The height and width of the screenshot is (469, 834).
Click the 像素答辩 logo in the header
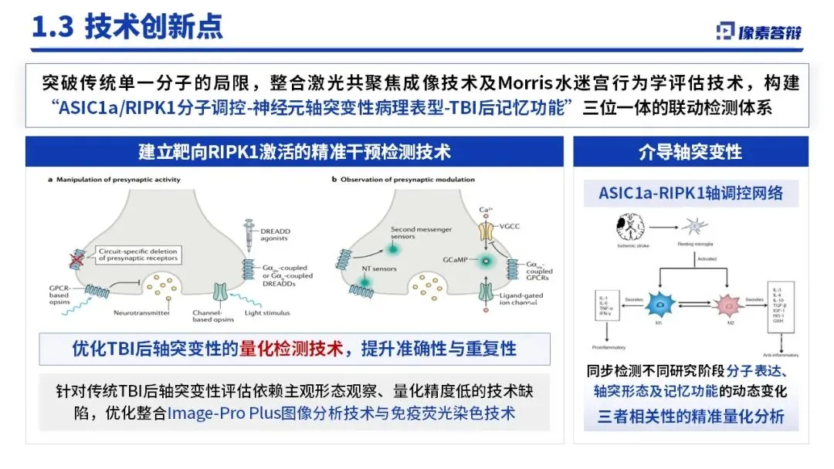pyautogui.click(x=758, y=31)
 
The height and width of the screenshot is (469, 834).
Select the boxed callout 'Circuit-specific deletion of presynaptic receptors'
pyautogui.click(x=138, y=255)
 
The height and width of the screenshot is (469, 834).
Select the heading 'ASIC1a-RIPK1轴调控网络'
pyautogui.click(x=690, y=192)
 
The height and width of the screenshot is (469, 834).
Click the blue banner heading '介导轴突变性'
pyautogui.click(x=690, y=151)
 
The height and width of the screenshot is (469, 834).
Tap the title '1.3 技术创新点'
pyautogui.click(x=127, y=26)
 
